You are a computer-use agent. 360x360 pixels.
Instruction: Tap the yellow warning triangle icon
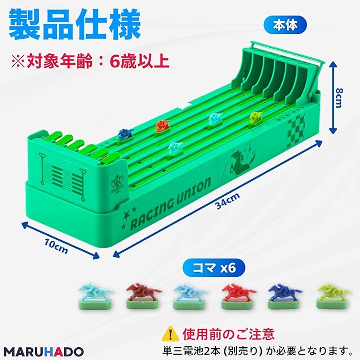[169, 333]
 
